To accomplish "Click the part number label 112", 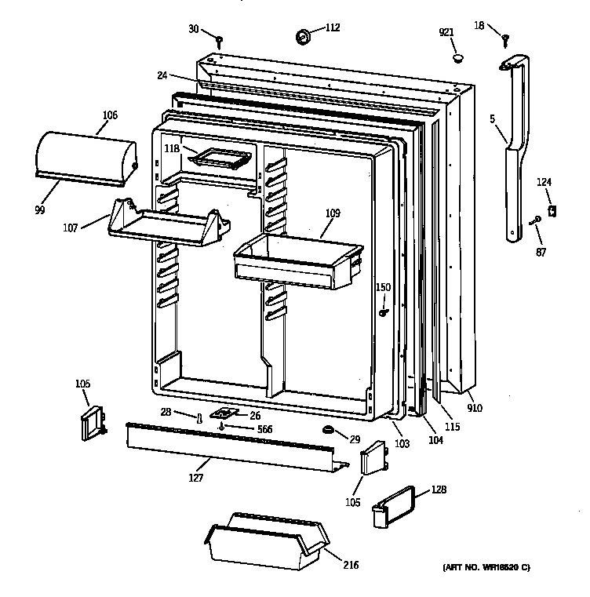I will (x=333, y=28).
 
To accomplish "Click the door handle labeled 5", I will (x=514, y=149).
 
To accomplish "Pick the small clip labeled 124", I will (x=552, y=210).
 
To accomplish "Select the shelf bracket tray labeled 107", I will (x=168, y=223).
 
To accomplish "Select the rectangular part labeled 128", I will (x=399, y=502).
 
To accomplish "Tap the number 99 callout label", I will (x=39, y=209).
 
